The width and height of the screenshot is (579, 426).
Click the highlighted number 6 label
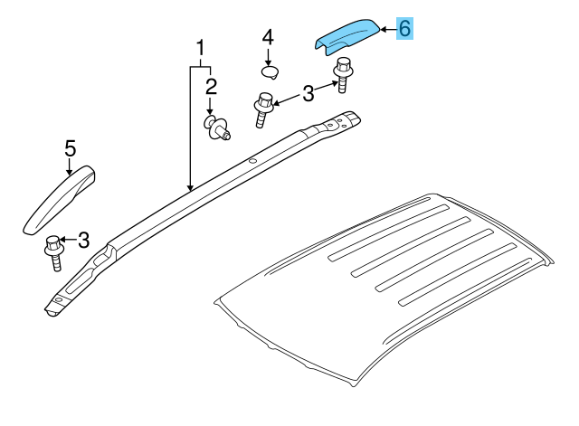404,29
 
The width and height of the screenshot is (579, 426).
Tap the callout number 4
268,38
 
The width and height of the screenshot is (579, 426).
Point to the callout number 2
211,87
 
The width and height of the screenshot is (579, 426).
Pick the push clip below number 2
215,128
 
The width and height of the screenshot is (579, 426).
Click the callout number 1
200,47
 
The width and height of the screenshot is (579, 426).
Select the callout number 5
69,147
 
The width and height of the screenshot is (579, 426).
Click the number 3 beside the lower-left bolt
83,240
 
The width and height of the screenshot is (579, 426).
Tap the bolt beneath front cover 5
52,250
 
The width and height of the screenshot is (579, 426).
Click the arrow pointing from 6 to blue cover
386,30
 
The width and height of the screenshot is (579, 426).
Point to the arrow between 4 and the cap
268,55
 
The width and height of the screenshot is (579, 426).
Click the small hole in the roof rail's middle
253,163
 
